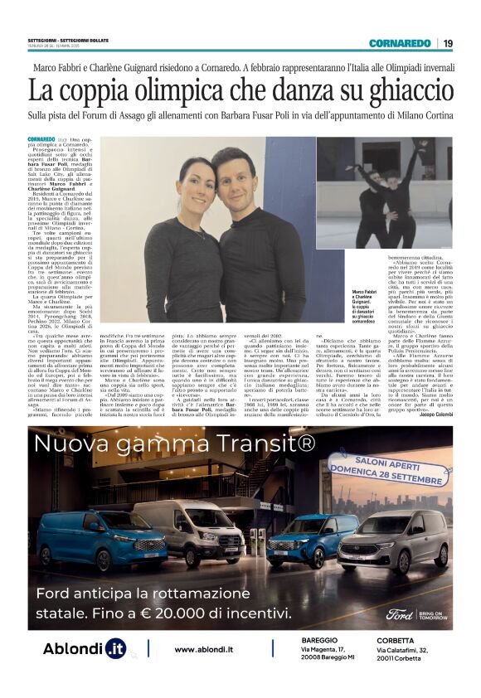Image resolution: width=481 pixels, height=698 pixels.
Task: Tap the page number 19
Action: [x=448, y=44]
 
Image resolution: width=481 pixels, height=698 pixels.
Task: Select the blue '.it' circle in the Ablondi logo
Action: [x=116, y=649]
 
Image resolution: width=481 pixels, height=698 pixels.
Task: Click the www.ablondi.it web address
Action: [x=204, y=649]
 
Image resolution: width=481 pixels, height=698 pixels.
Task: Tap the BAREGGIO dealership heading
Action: [x=320, y=640]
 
